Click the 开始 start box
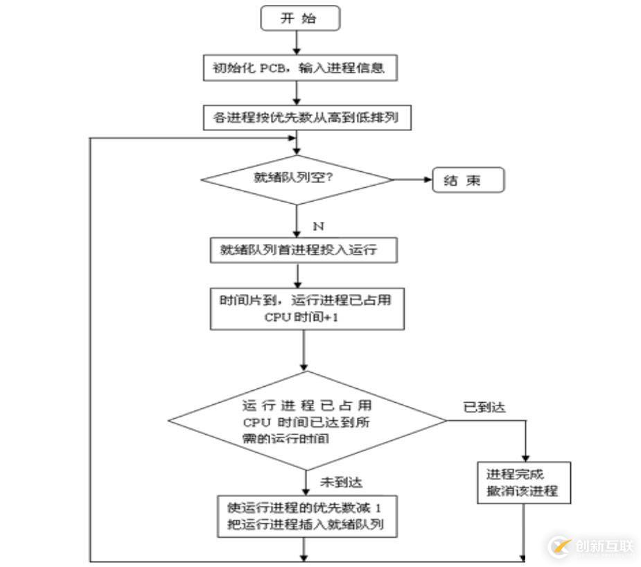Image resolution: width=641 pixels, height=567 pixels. point(300,18)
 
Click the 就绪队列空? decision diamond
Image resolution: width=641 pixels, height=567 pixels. point(297,180)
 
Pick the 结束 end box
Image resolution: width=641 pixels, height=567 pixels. point(468,181)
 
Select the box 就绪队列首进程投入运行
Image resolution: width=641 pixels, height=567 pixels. point(304,250)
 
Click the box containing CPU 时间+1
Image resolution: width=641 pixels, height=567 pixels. point(306,308)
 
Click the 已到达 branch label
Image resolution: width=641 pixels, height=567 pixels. point(484,407)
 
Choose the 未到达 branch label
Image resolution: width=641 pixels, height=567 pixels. point(341,482)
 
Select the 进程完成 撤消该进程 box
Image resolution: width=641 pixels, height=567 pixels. point(523,483)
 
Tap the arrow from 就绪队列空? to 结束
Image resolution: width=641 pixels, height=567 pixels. point(413,180)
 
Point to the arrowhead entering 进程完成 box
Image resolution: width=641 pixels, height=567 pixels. point(525,457)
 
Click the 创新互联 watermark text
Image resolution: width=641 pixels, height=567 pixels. point(604,546)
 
